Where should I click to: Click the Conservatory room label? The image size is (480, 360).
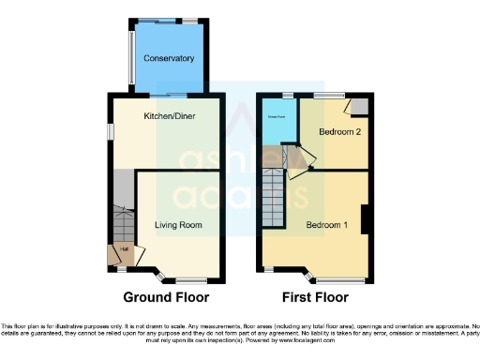click(x=169, y=58)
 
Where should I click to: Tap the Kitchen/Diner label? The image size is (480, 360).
click(x=167, y=116)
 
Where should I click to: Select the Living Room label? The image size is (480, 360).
click(x=178, y=225)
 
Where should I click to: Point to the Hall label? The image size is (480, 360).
click(x=125, y=249)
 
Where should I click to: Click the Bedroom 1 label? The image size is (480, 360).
click(x=326, y=225)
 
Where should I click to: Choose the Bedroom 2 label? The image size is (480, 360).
click(x=334, y=131)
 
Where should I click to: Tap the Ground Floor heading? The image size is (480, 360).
click(x=164, y=297)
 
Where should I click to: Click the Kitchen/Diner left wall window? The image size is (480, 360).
click(x=108, y=139)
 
